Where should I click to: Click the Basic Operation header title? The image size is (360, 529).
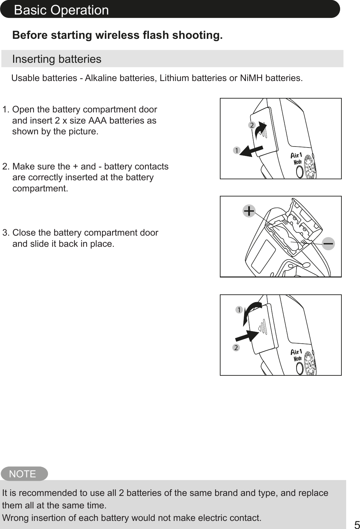coord(61,10)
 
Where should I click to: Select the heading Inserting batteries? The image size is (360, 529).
coord(57,59)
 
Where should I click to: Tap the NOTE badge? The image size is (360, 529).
coord(23,474)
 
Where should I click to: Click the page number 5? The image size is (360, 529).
coord(357,525)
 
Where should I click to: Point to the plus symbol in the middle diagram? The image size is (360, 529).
coord(249,211)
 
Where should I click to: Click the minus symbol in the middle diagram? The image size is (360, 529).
coord(328,243)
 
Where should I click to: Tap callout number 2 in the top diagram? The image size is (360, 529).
coord(252,125)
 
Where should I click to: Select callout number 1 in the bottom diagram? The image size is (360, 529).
coord(239,310)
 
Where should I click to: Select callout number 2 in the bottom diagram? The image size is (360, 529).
coord(236,347)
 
